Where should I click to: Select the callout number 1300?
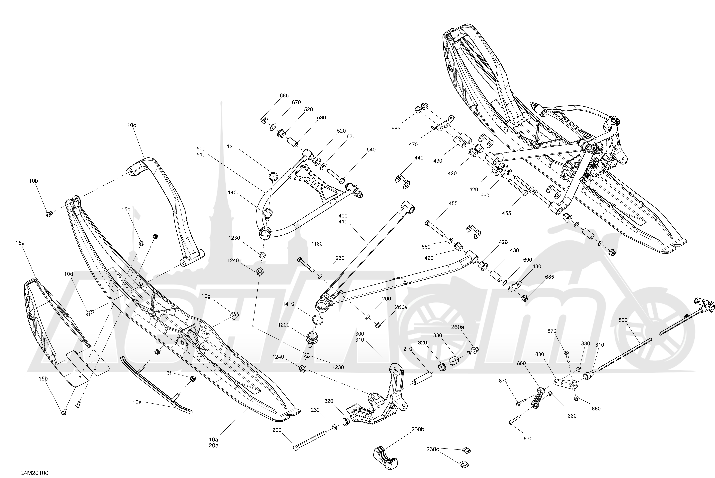(x=233, y=147)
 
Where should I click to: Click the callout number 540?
(x=371, y=150)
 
